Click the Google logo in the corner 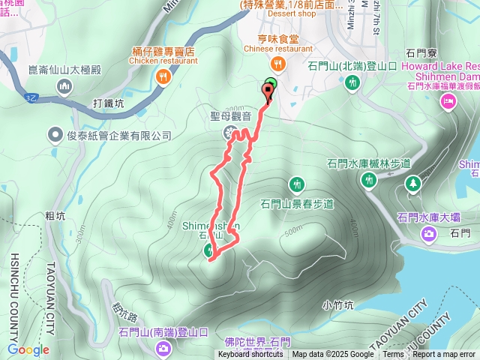tap(28, 349)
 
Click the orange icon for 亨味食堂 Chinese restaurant tap(278, 63)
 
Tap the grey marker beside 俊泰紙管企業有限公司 tap(55, 135)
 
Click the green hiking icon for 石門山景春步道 tap(297, 184)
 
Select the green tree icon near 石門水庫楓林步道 tap(412, 184)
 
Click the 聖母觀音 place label tap(230, 117)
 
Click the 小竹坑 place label tap(337, 305)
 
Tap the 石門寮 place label tap(421, 52)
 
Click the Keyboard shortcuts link tap(250, 355)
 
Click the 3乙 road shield tap(31, 97)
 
